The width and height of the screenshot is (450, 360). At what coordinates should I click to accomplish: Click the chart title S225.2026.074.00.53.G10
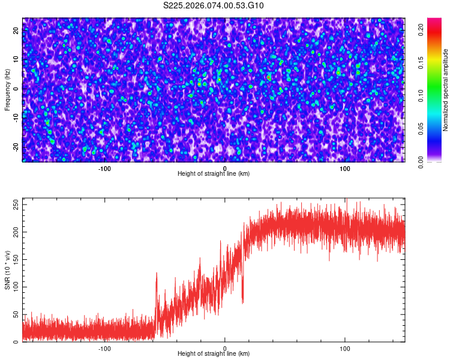214,6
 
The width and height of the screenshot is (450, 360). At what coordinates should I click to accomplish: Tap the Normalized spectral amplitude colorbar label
446,90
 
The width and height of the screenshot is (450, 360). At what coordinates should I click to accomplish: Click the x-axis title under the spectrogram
214,173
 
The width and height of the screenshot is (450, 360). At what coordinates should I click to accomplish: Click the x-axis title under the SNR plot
214,353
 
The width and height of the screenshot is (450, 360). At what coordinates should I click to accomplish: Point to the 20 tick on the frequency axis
16,31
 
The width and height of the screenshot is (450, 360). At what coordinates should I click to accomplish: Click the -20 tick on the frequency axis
16,147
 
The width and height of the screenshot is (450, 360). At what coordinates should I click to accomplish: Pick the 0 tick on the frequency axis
16,89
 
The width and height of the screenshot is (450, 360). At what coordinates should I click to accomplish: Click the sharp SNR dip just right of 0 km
242,300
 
